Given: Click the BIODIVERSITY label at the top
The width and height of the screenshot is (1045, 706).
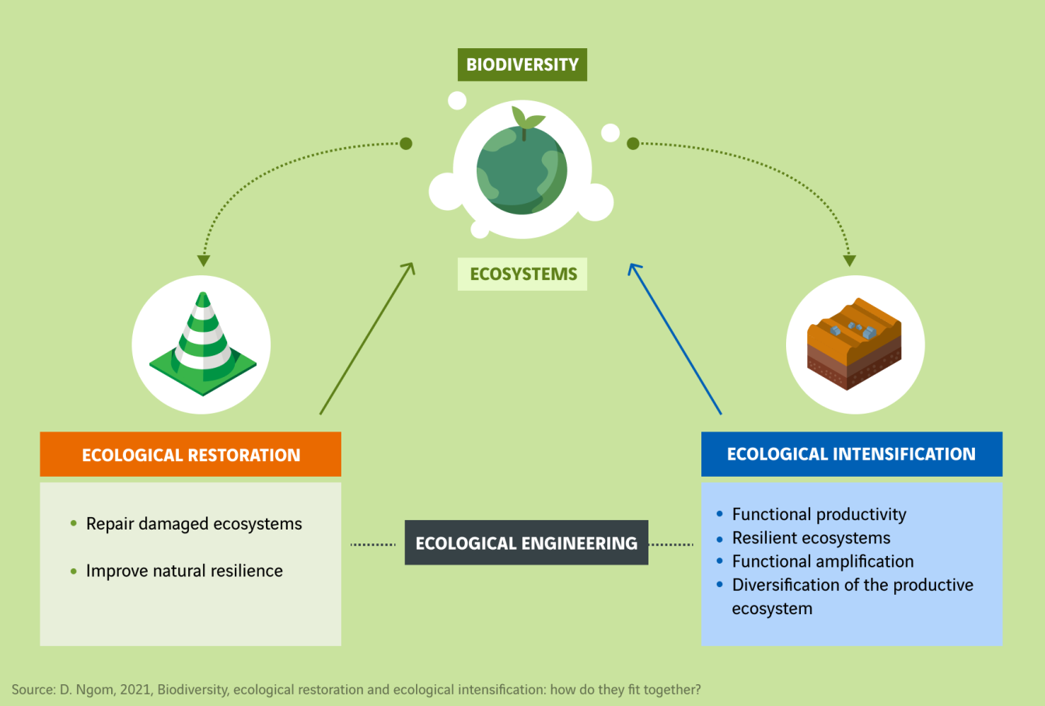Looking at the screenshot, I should pos(522,65).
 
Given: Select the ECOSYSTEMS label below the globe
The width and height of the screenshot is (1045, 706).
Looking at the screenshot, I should pos(522,274).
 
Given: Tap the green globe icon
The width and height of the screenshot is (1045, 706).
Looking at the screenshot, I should pos(522,171).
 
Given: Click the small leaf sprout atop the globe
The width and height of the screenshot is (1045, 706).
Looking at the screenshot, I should pos(526,119).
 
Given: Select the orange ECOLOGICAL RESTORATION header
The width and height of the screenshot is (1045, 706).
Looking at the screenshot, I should pos(190,455).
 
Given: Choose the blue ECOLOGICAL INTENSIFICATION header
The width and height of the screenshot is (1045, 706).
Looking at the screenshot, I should pos(851,454).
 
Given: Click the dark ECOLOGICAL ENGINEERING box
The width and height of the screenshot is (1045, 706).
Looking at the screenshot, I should pos(526,543).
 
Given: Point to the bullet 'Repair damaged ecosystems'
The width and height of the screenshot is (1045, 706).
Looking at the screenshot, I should pos(194,524).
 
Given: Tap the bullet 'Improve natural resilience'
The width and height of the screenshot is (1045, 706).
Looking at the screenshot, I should pos(184,571).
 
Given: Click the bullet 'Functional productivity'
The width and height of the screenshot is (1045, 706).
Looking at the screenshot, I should pos(819,514).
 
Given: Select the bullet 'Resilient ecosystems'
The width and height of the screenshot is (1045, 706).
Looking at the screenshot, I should pos(811,538).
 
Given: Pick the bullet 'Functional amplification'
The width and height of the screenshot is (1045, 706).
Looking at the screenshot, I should pos(823,561).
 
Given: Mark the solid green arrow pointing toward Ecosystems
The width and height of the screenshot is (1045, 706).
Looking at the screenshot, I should pos(366,339).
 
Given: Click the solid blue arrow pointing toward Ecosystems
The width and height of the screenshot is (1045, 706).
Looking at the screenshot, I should pos(675,339).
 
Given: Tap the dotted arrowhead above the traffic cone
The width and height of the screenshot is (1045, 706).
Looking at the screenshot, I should pos(204,260).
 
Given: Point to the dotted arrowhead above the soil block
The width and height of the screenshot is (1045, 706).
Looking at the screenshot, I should pos(849,260).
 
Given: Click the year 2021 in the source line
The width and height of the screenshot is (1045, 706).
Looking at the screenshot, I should pos(134,690).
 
